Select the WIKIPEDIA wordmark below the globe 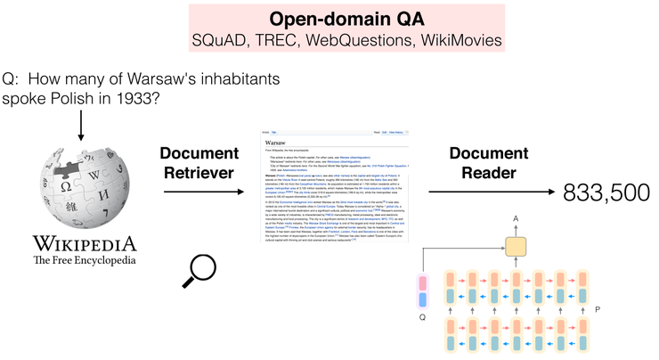[x=85, y=243]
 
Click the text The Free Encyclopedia [x=85, y=260]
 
